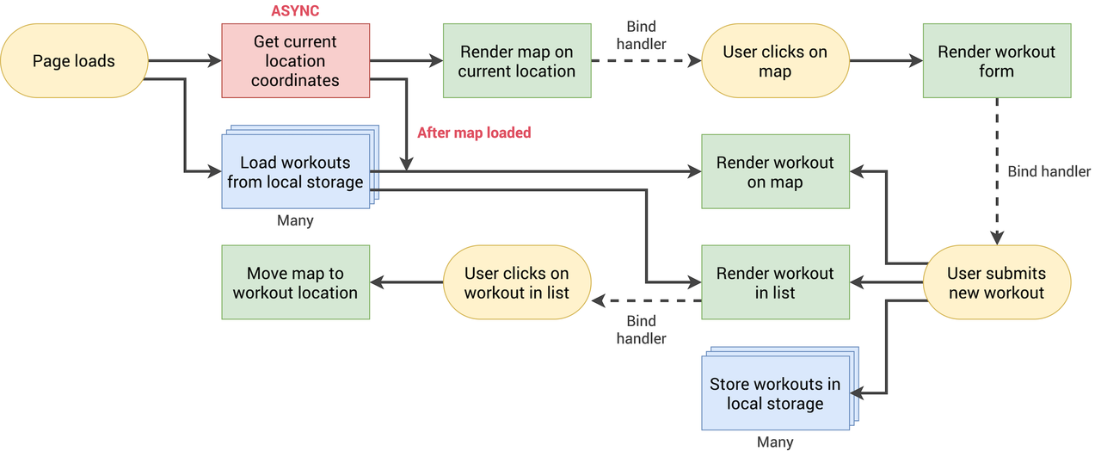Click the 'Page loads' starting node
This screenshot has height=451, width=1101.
(74, 61)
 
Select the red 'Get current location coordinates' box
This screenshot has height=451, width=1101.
(295, 61)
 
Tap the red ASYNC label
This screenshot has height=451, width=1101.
(295, 11)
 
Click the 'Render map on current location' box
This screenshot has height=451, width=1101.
(516, 61)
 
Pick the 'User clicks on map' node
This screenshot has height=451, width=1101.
(774, 61)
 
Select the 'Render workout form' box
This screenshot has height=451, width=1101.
(996, 61)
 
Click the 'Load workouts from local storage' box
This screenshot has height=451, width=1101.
(295, 171)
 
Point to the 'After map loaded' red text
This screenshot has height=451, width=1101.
(474, 133)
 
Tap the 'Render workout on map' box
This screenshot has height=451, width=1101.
(774, 171)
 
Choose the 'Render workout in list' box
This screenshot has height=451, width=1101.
(774, 282)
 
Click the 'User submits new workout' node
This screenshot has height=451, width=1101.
(996, 282)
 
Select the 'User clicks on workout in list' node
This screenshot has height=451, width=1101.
(516, 282)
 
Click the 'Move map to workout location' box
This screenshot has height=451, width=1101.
(295, 282)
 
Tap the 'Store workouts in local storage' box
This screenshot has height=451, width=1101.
(774, 393)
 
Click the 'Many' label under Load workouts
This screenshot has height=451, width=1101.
(295, 220)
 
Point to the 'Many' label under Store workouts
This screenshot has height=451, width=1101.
(774, 442)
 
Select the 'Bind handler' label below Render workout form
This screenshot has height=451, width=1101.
(1049, 171)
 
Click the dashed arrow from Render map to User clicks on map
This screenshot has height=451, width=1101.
(645, 61)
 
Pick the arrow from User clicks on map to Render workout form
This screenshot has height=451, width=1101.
(886, 61)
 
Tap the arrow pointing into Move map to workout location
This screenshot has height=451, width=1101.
(406, 282)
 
